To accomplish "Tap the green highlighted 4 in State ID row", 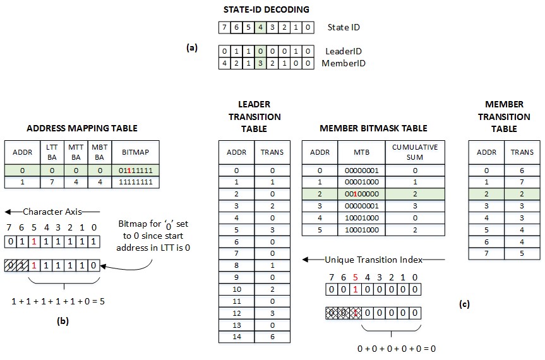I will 261,28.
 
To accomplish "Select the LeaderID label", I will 343,51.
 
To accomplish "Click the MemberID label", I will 344,63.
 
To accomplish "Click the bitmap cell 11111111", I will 136,182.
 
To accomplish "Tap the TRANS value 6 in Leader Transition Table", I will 273,337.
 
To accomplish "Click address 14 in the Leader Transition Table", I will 236,337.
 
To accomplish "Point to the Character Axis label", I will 52,212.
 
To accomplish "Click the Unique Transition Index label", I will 374,260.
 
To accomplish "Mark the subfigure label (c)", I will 464,304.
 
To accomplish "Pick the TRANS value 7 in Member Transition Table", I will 522,182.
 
